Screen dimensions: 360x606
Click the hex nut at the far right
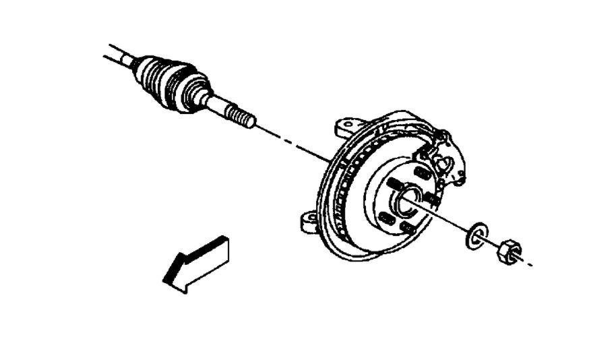click(509, 251)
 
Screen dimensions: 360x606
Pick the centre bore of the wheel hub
click(408, 200)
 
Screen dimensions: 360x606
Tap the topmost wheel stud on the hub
click(421, 174)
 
